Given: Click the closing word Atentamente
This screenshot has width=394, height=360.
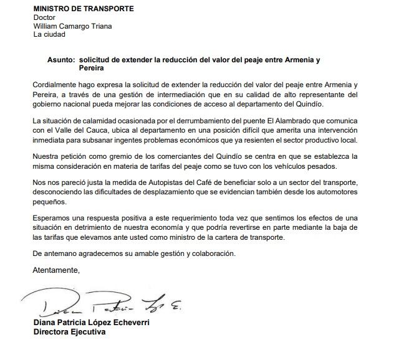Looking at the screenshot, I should pyautogui.click(x=57, y=270).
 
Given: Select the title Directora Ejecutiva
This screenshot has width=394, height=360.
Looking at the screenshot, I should pyautogui.click(x=69, y=332).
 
